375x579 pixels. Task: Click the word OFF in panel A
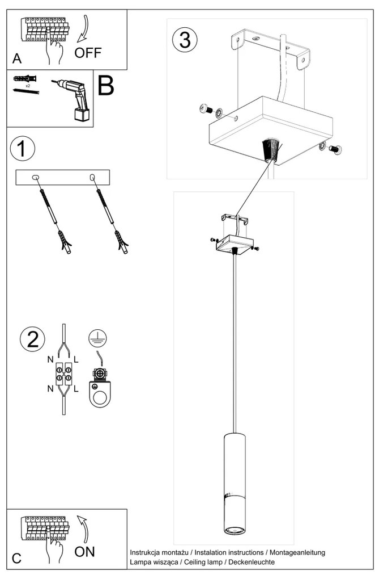coord(88,53)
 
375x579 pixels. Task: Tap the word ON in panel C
coord(85,552)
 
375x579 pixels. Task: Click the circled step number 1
coord(23,149)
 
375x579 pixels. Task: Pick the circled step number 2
coord(33,339)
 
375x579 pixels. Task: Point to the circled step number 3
coord(185,40)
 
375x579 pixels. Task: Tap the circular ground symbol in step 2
coord(97,338)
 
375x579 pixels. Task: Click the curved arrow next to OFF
coord(84,28)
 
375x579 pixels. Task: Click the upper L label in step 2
coord(76,359)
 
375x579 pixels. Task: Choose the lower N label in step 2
coord(50,388)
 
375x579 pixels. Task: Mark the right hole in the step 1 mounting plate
coord(92,178)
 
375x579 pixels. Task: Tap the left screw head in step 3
coord(205,108)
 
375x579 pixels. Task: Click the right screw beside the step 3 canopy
coord(335,149)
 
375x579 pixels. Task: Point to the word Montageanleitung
coord(297,552)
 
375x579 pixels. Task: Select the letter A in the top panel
coord(17,58)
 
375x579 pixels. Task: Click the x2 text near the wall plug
coord(28,86)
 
